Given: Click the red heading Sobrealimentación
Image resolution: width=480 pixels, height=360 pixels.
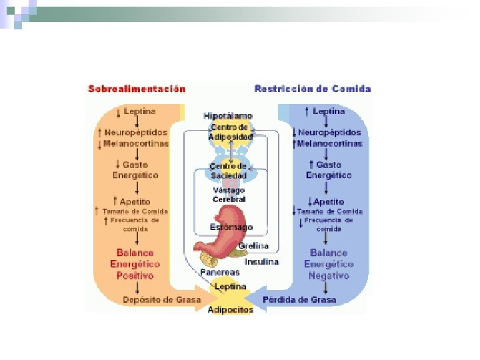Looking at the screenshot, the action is pos(137,89).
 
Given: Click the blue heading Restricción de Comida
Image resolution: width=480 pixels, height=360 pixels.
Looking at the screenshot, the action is pos(313,89).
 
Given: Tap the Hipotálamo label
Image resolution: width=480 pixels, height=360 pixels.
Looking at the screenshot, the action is pos(228,116).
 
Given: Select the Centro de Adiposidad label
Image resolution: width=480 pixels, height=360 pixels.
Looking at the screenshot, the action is pos(230,131).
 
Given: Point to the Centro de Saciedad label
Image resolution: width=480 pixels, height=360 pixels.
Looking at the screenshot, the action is pos(228,170).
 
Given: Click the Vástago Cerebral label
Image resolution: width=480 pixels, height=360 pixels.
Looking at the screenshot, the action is pos(229,195).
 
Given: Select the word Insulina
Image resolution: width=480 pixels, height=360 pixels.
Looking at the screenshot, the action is pos(261,261).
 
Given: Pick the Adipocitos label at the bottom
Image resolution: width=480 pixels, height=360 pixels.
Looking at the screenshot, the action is pos(231,310).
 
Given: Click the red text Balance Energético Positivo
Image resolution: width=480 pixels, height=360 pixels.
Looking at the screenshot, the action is pos(135,264).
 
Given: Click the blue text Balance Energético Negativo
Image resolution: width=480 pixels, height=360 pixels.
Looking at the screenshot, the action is pos(329,264).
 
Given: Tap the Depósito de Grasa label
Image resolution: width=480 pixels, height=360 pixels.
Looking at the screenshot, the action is pos(162,300).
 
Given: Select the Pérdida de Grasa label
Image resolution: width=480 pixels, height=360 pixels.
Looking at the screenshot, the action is pos(299,300).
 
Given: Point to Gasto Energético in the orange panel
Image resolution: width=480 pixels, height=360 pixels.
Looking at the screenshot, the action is pos(135,170).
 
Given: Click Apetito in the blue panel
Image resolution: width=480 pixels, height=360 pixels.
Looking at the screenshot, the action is pos(328,201).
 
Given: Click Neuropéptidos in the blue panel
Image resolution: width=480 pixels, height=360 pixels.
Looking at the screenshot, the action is pos(329,133).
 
